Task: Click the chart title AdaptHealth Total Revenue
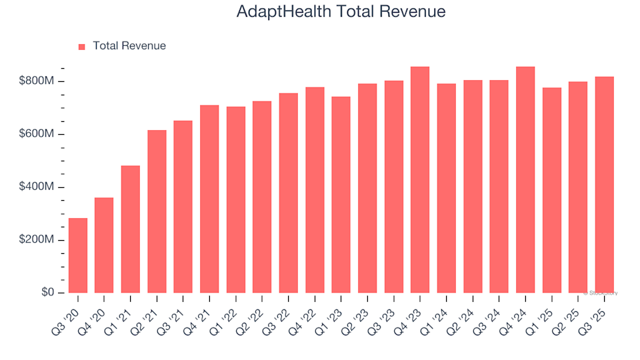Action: [341, 12]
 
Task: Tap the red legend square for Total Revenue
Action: [82, 47]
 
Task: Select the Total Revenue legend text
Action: [129, 46]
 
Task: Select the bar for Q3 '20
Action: [78, 255]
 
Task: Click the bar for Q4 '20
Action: [104, 245]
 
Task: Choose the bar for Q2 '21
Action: [157, 211]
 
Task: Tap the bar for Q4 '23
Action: [420, 180]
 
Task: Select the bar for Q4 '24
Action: [525, 180]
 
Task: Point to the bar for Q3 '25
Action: [605, 185]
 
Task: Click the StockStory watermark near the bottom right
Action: [601, 293]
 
